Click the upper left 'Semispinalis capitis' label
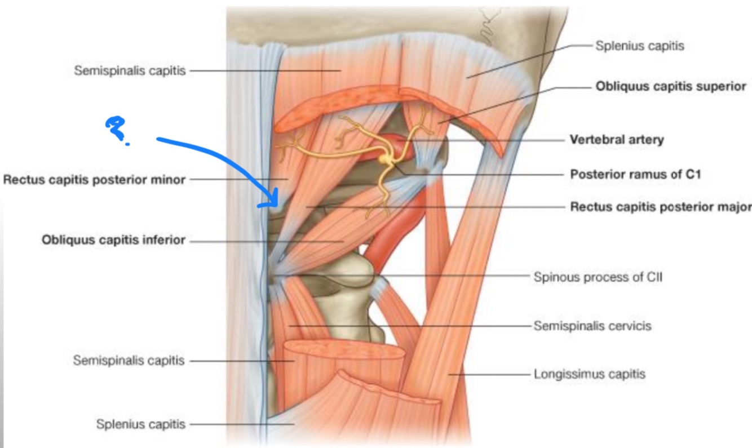point(130,71)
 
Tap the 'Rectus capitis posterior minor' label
point(94,180)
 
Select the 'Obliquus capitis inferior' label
point(113,241)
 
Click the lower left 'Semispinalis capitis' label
point(129,361)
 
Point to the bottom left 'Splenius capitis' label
point(140,424)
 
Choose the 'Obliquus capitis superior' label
point(671,87)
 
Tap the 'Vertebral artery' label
point(617,139)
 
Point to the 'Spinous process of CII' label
point(598,277)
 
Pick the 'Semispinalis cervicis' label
point(592,326)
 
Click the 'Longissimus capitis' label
point(589,374)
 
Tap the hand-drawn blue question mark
point(116,128)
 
